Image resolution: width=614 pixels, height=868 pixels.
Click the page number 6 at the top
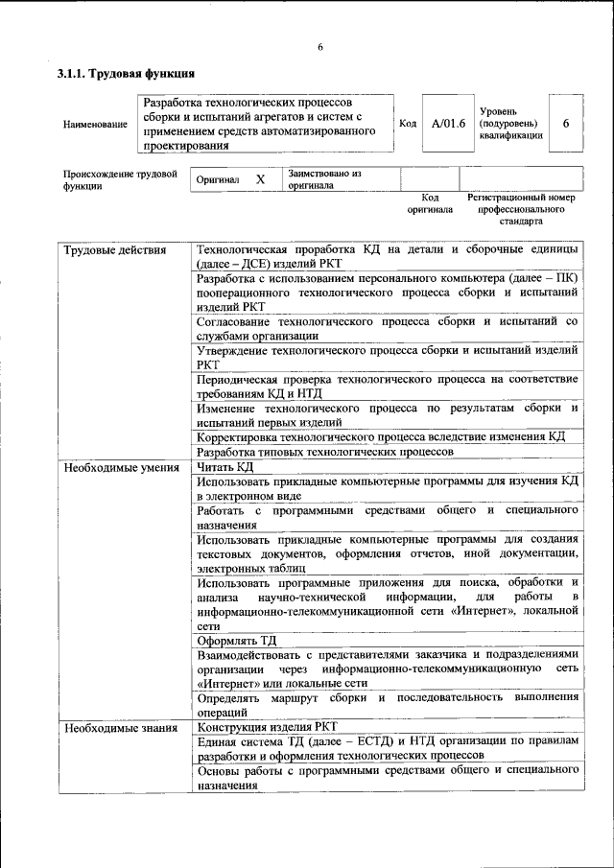tap(320, 48)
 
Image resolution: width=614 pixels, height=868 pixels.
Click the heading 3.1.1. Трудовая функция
tap(126, 74)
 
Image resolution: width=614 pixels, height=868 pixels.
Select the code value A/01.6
tap(448, 124)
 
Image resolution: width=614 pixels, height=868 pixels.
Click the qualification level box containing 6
tap(566, 124)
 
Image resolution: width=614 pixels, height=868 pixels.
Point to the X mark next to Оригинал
tap(260, 179)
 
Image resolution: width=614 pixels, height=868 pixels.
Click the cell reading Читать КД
tap(225, 468)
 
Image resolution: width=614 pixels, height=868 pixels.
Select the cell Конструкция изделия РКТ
tap(268, 727)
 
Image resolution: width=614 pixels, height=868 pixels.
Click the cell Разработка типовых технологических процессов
tap(324, 452)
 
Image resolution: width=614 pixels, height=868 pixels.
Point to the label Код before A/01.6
tap(407, 124)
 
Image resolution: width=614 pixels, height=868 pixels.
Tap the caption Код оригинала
tap(429, 202)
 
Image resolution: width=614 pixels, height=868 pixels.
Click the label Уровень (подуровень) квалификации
tap(510, 124)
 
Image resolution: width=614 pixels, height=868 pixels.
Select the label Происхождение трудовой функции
tap(120, 179)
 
